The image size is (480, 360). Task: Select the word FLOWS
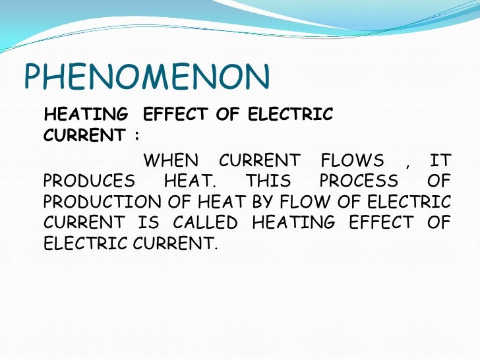pyautogui.click(x=351, y=160)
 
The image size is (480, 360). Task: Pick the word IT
pyautogui.click(x=440, y=160)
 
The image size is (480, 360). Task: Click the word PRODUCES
pyautogui.click(x=89, y=181)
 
